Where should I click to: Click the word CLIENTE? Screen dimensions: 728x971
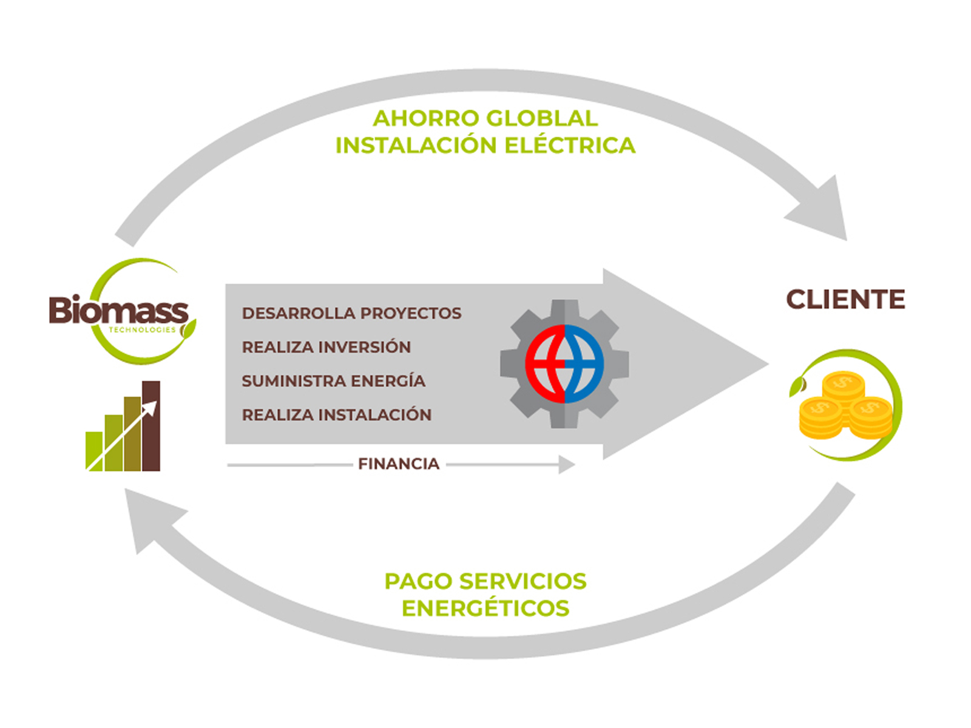point(845,300)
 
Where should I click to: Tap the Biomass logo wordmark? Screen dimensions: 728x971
point(118,311)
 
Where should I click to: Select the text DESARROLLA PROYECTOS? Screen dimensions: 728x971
point(351,313)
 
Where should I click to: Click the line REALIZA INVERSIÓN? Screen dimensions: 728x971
point(326,347)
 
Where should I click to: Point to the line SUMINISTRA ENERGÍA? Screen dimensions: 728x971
point(333,381)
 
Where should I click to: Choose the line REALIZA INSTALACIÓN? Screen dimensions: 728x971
point(337,415)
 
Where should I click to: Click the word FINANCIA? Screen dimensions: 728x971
point(399,464)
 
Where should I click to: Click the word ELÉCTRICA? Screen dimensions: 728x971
point(570,146)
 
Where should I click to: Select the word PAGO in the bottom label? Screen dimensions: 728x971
point(418,581)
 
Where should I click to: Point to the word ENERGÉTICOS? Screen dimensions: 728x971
point(486,608)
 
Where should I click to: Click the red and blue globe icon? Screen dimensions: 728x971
point(564,364)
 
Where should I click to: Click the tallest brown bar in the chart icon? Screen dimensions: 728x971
point(151,426)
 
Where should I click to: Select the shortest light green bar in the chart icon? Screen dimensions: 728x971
point(94,451)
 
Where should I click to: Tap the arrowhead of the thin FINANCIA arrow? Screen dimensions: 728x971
point(567,465)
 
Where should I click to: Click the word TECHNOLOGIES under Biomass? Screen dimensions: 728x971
point(142,330)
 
